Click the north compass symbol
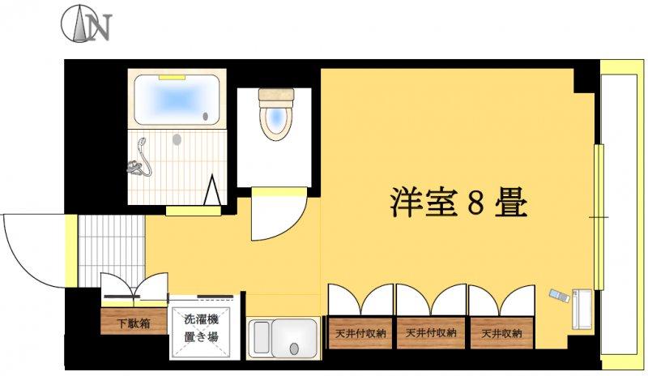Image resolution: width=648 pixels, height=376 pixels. point(87,24)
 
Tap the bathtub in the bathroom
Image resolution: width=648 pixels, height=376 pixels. point(177,100)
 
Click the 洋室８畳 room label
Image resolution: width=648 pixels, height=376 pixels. point(458,203)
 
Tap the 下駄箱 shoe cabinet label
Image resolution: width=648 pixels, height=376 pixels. point(133,323)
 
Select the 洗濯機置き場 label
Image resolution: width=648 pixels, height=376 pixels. point(201,327)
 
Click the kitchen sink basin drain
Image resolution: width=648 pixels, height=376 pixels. point(294,348)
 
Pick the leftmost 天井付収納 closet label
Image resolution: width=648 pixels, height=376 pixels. point(360,333)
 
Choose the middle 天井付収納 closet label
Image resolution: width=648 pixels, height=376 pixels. point(431,332)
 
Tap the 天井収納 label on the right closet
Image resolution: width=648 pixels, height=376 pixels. point(501,333)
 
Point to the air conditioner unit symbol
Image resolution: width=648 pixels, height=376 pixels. point(582,309)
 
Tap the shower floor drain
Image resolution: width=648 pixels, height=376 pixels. point(177,140)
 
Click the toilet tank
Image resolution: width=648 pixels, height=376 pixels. point(276,95)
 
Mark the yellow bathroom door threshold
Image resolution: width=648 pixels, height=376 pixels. point(194,211)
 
